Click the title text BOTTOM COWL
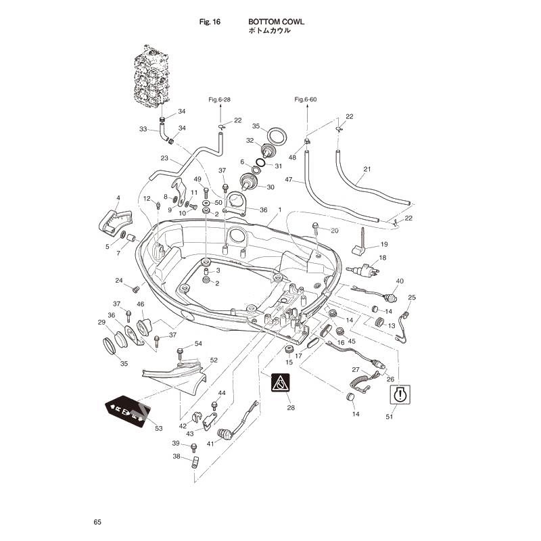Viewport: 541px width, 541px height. pyautogui.click(x=276, y=22)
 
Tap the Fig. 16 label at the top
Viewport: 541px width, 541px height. pyautogui.click(x=210, y=22)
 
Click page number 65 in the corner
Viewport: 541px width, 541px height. pyautogui.click(x=97, y=522)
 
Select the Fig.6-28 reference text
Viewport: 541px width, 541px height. pyautogui.click(x=219, y=99)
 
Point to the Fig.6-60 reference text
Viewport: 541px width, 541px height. pyautogui.click(x=306, y=99)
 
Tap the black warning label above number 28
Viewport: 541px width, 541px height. pyautogui.click(x=281, y=383)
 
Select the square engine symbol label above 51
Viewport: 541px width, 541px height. pyautogui.click(x=400, y=394)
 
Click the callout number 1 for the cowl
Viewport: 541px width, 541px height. pyautogui.click(x=280, y=210)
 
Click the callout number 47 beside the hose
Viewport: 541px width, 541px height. pyautogui.click(x=289, y=180)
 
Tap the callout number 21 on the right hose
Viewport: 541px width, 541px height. pyautogui.click(x=367, y=169)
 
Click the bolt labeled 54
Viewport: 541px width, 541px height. pyautogui.click(x=180, y=354)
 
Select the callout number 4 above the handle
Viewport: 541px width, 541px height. pyautogui.click(x=118, y=198)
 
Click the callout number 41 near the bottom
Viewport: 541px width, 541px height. pyautogui.click(x=210, y=444)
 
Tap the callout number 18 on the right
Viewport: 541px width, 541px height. pyautogui.click(x=383, y=258)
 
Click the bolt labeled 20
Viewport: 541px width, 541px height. pyautogui.click(x=316, y=231)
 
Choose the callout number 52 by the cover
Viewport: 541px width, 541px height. pyautogui.click(x=214, y=360)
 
